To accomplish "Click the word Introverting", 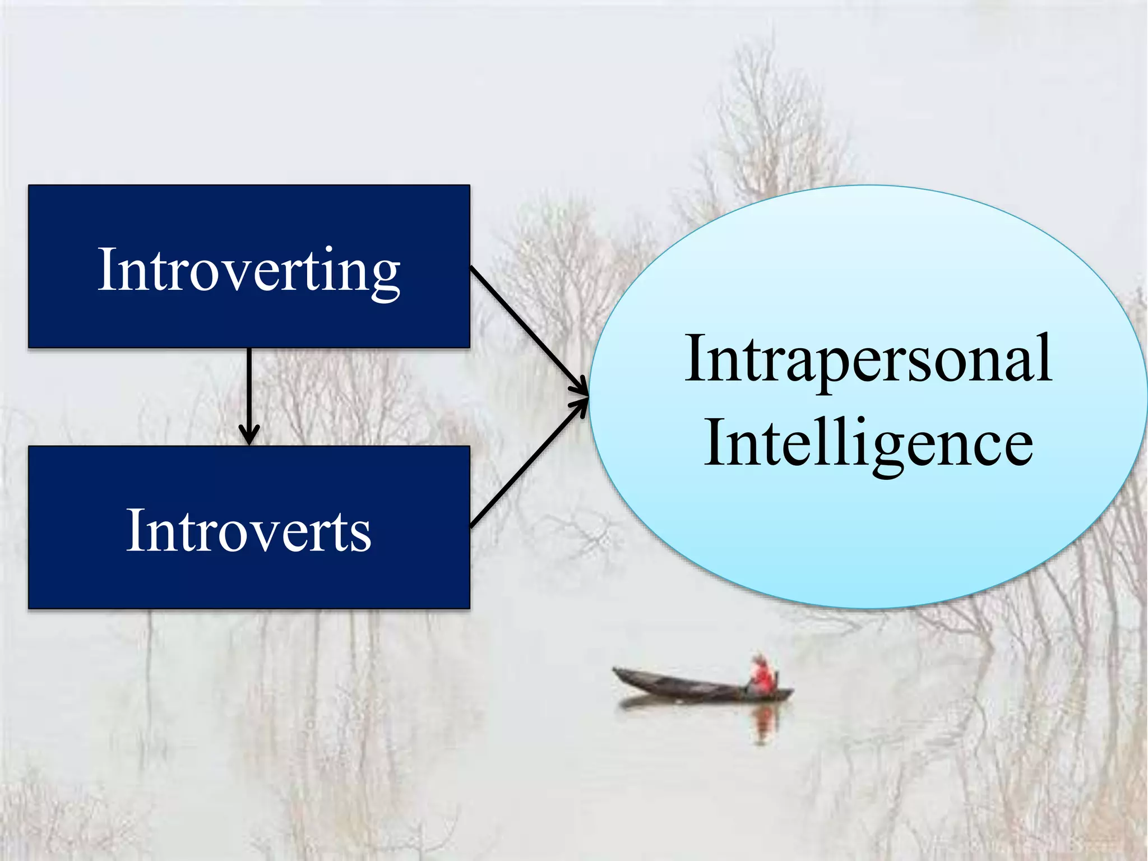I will pos(248,270).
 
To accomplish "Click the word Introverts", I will pos(248,530).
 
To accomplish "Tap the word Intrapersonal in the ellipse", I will pos(868,359).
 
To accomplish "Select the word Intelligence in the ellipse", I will pos(868,443).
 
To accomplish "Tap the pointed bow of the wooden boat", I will pos(617,671).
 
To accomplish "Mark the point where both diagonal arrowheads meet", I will pos(587,396).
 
